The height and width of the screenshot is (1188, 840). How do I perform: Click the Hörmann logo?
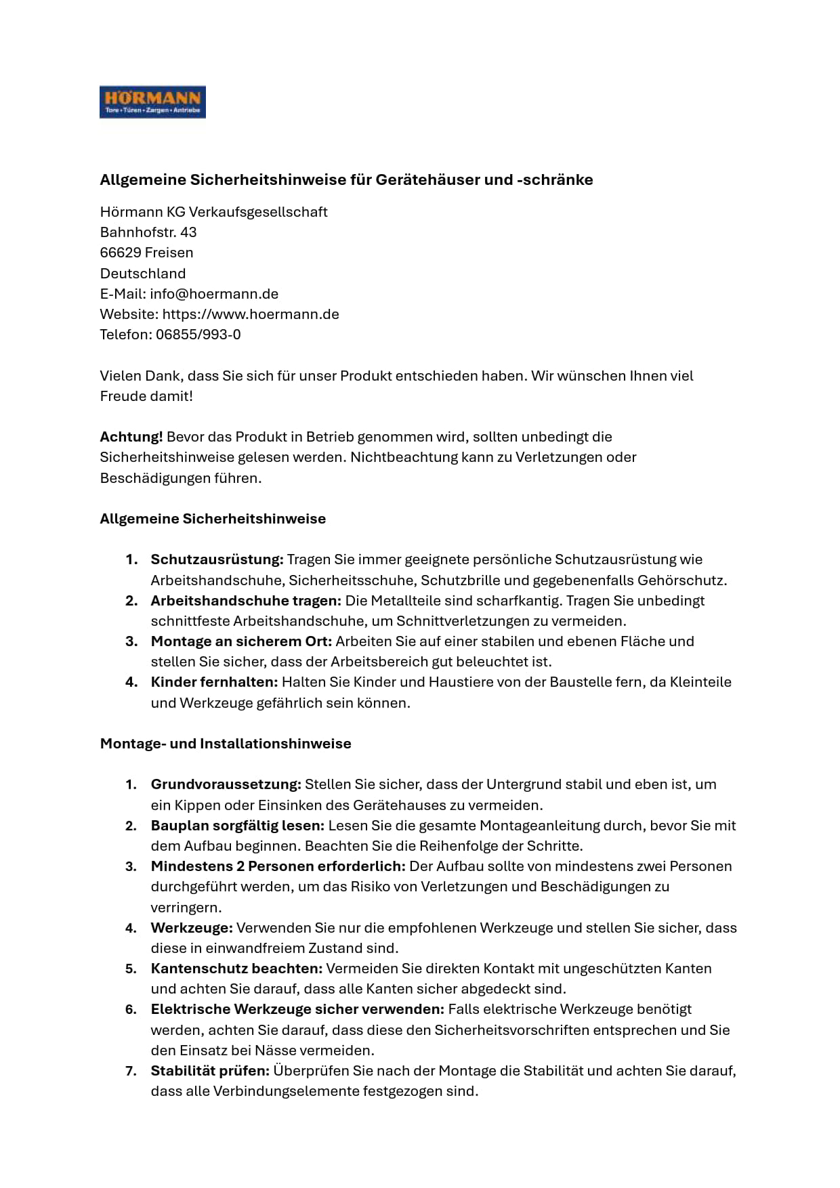tap(152, 102)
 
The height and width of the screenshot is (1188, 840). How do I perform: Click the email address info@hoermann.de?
tap(214, 294)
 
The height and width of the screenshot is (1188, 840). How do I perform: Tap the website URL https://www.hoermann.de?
tap(251, 314)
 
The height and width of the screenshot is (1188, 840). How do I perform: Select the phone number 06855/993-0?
tap(198, 335)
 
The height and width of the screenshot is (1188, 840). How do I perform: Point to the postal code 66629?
tap(120, 253)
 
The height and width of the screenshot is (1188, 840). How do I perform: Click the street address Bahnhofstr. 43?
tap(148, 232)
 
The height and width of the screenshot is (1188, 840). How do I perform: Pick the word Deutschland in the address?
tap(143, 274)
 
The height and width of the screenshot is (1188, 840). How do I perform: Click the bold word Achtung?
tap(131, 437)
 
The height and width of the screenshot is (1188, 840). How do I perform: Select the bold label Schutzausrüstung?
tap(217, 559)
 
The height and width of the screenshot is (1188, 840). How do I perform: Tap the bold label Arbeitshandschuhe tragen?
tap(246, 601)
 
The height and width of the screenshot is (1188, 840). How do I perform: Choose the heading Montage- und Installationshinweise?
tap(226, 744)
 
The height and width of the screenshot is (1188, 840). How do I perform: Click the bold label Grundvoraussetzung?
tap(226, 784)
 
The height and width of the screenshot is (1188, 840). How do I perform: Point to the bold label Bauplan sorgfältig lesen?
tap(238, 826)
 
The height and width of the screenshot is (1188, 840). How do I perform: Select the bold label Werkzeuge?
tap(192, 928)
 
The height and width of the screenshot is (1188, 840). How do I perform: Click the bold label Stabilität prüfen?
tap(210, 1071)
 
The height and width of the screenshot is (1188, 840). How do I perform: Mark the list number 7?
tap(131, 1071)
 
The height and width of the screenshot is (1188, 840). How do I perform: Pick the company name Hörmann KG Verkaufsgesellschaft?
tap(213, 212)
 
